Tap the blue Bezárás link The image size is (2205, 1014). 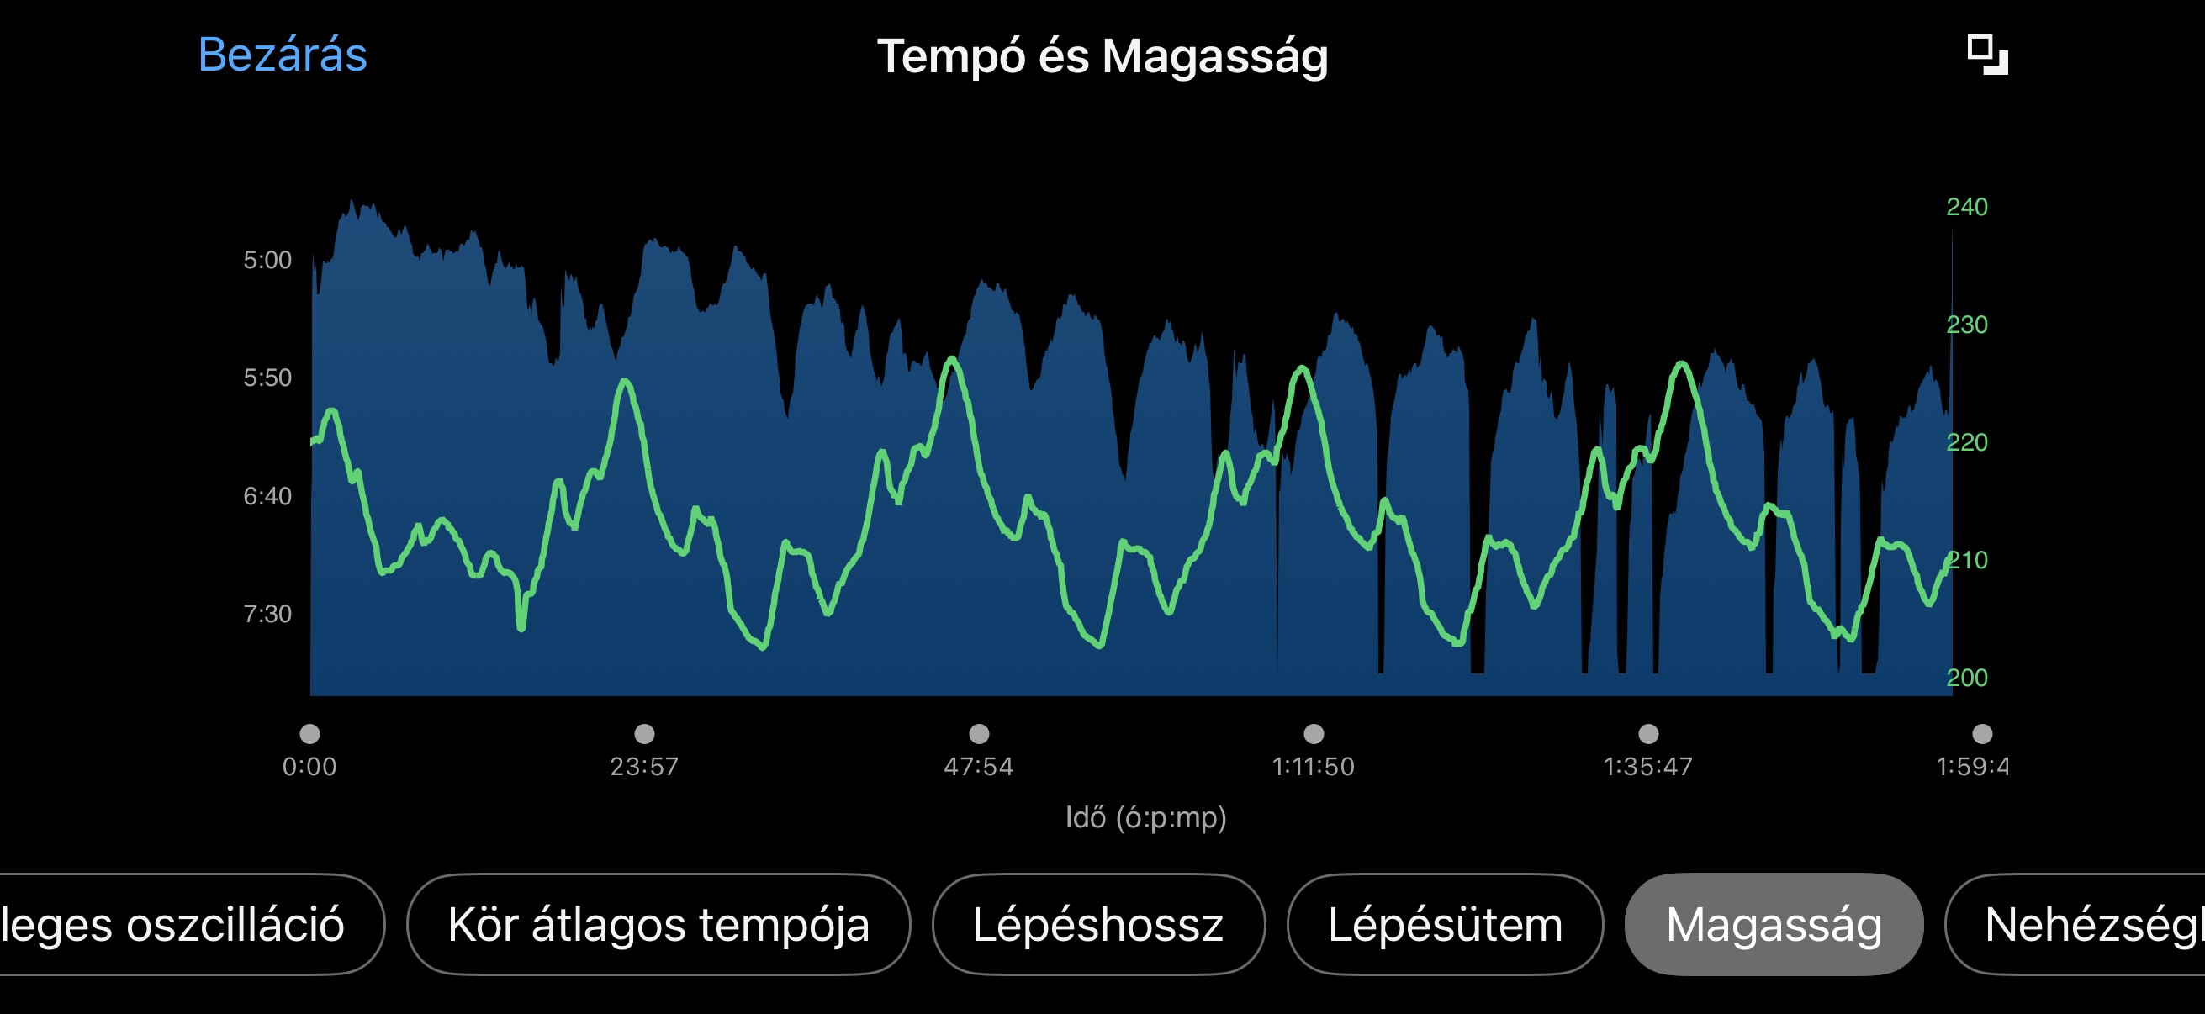tap(283, 55)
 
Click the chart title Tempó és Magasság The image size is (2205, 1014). tap(1102, 57)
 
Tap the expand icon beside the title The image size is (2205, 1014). tap(1986, 55)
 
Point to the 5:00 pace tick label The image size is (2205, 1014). tap(267, 260)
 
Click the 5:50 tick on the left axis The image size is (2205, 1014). tap(267, 378)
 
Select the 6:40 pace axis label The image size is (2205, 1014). tap(267, 496)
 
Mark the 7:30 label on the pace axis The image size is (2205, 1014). tap(267, 615)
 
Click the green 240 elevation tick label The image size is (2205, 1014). tap(1966, 207)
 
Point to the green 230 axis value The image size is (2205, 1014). tap(1966, 325)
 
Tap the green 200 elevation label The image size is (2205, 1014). tap(1966, 678)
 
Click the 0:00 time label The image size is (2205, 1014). tap(309, 767)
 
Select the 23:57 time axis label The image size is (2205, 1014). tap(643, 767)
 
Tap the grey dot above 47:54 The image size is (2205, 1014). tap(978, 734)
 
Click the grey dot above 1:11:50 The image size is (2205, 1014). tap(1313, 734)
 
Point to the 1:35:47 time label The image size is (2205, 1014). tap(1647, 767)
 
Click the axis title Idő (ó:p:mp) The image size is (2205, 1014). tap(1145, 818)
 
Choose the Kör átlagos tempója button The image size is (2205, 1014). tap(658, 925)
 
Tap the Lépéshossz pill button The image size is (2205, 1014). tap(1097, 925)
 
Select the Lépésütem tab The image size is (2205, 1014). tap(1444, 925)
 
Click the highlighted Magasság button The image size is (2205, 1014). tap(1773, 925)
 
